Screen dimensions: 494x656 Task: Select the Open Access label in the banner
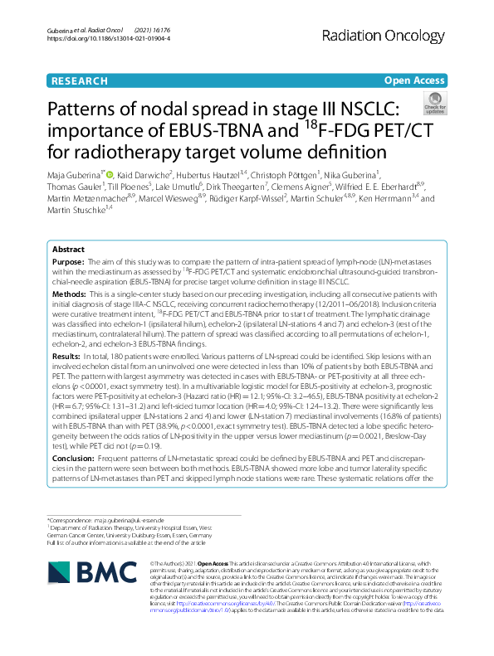[414, 81]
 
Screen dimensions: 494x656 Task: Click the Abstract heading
[68, 249]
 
